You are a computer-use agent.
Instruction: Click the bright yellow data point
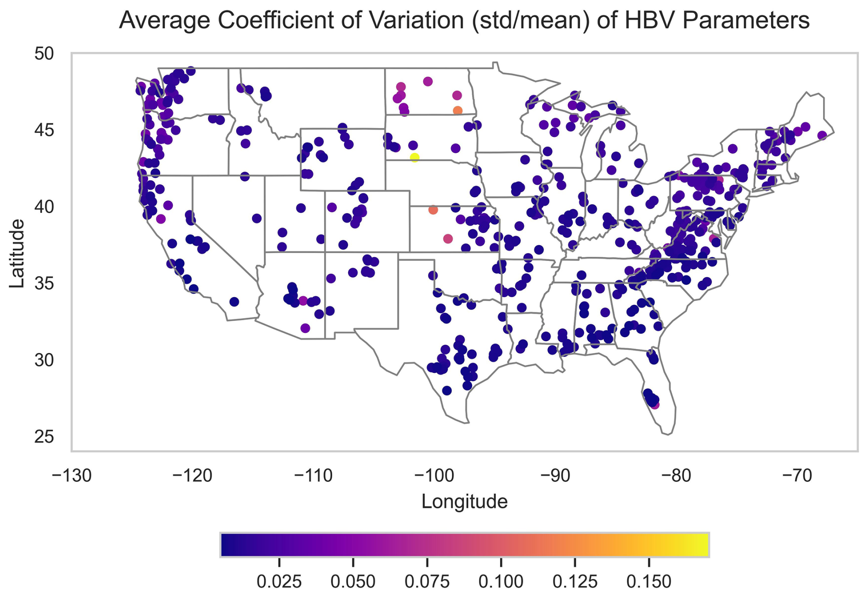click(414, 157)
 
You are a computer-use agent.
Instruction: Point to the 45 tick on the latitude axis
click(44, 131)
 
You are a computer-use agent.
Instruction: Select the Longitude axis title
click(464, 502)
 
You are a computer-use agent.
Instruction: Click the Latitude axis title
click(17, 254)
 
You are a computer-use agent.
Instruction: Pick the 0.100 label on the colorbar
click(501, 582)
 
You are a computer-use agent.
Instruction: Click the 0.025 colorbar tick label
click(279, 582)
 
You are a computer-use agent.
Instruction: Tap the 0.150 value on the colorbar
click(649, 582)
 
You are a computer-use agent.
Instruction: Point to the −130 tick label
click(72, 476)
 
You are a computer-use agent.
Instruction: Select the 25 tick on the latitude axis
click(44, 437)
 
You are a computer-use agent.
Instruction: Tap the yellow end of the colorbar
click(704, 545)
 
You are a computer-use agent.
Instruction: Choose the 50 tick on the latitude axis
click(44, 54)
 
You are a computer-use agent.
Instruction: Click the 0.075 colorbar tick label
click(427, 582)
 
